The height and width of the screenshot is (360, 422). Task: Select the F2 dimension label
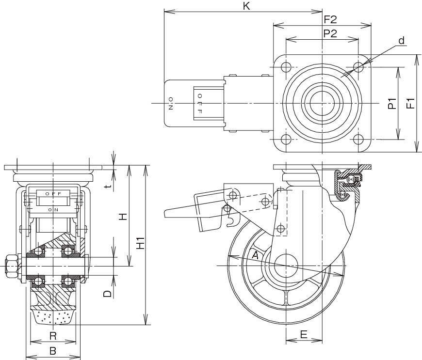[x=330, y=19]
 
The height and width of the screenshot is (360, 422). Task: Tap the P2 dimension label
[x=330, y=33]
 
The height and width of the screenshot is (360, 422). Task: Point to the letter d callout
[x=402, y=41]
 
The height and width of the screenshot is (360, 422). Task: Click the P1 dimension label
[x=392, y=104]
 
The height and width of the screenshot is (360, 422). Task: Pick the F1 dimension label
[x=410, y=104]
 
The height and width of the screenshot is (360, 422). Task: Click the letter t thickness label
[x=109, y=185]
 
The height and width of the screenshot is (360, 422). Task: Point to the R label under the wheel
[x=53, y=335]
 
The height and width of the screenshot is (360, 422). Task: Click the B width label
[x=53, y=350]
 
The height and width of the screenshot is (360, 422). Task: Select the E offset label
[x=304, y=334]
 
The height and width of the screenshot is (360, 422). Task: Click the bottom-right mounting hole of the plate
[x=358, y=140]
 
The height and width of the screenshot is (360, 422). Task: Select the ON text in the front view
[x=53, y=210]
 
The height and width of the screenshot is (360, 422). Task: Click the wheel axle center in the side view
[x=287, y=266]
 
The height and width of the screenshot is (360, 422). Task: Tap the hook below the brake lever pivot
[x=231, y=220]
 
